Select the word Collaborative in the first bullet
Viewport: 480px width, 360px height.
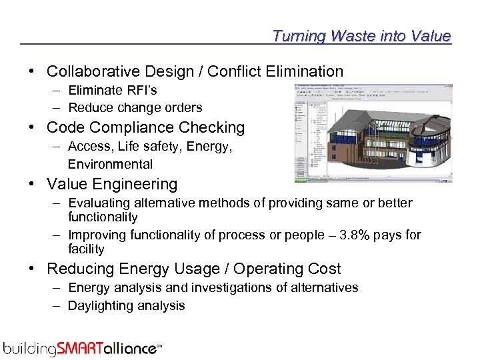coord(93,71)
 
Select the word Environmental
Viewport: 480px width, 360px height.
coord(110,164)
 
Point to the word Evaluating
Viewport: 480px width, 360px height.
coord(98,203)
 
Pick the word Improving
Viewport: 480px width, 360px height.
coord(95,235)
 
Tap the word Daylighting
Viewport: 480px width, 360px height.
coord(101,305)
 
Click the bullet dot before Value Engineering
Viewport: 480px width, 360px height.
coord(33,184)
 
